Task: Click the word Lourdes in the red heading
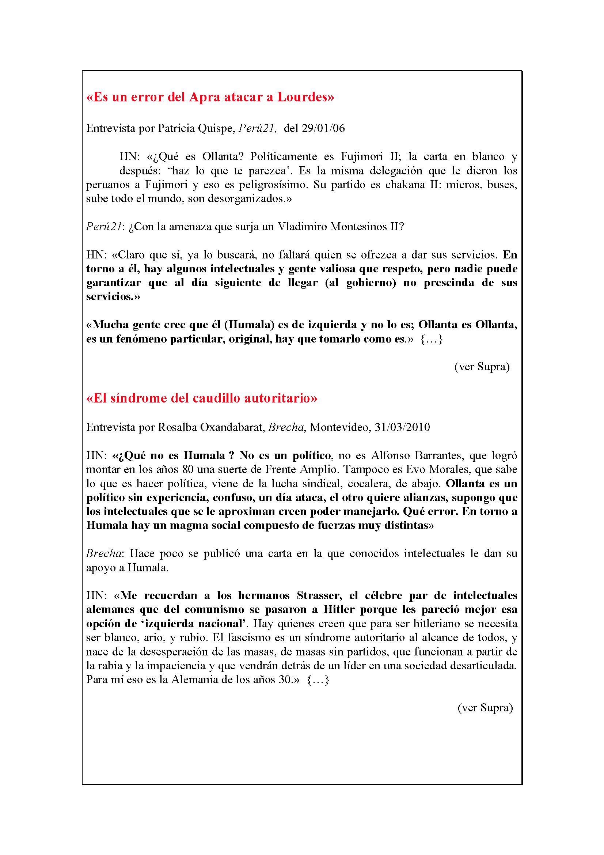[x=305, y=97]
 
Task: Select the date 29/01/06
[x=323, y=128]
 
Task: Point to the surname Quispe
[x=216, y=128]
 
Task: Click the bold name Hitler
[x=339, y=610]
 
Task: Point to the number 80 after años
[x=188, y=470]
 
